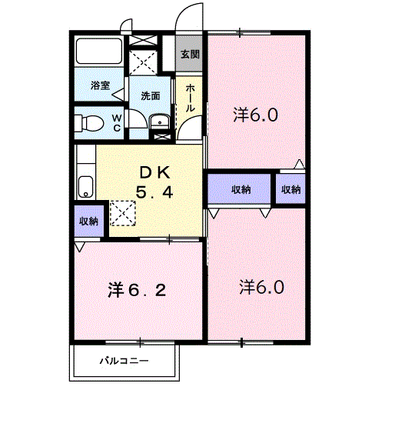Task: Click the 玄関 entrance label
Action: (x=190, y=55)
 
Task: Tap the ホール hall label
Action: (x=190, y=98)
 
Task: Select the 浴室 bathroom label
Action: (x=101, y=85)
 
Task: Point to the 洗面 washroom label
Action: (x=151, y=96)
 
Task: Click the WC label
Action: (x=117, y=123)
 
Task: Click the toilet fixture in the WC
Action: (x=89, y=123)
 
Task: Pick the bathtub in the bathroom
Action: (x=99, y=52)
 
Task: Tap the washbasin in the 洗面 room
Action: (x=160, y=122)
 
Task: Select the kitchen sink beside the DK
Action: (x=85, y=187)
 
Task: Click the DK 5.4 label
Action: (x=154, y=182)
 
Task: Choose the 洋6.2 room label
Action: (x=137, y=291)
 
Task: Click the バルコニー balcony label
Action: (x=124, y=360)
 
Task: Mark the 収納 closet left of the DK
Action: (x=89, y=221)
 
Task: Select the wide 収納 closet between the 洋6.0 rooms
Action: (x=239, y=189)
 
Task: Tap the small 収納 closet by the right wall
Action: (x=290, y=189)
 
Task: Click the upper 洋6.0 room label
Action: (x=256, y=115)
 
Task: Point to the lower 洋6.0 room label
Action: (x=262, y=287)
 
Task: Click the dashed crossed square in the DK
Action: (x=122, y=213)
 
